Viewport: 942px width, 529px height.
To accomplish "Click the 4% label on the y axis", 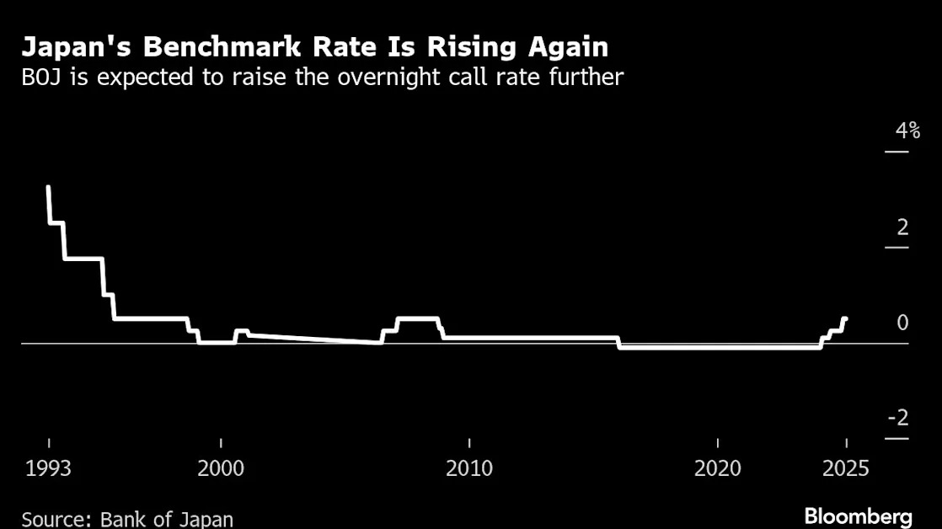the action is pyautogui.click(x=907, y=131).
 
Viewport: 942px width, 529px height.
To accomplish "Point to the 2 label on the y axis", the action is pyautogui.click(x=902, y=227).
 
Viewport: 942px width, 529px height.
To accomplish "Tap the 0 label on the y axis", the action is pyautogui.click(x=902, y=323).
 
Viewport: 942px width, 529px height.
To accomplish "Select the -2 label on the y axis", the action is pyautogui.click(x=899, y=417).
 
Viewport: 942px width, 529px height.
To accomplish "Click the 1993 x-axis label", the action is pyautogui.click(x=48, y=468).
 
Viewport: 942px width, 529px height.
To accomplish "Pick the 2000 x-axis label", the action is pyautogui.click(x=221, y=468).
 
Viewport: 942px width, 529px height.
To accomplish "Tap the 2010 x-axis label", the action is pyautogui.click(x=469, y=468).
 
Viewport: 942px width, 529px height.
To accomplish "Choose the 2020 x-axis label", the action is pyautogui.click(x=717, y=468).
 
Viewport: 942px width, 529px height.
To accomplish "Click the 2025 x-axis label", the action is pyautogui.click(x=846, y=468).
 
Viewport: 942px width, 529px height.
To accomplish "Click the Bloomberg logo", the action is pyautogui.click(x=859, y=516).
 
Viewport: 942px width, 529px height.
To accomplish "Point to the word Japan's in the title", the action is pyautogui.click(x=77, y=47).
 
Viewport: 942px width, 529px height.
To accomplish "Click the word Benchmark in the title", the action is pyautogui.click(x=222, y=47).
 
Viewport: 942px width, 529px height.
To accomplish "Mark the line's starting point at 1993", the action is pyautogui.click(x=48, y=187).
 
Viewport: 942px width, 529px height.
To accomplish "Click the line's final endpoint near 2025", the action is pyautogui.click(x=845, y=319).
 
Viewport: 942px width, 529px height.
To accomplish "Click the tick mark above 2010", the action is pyautogui.click(x=469, y=443).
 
